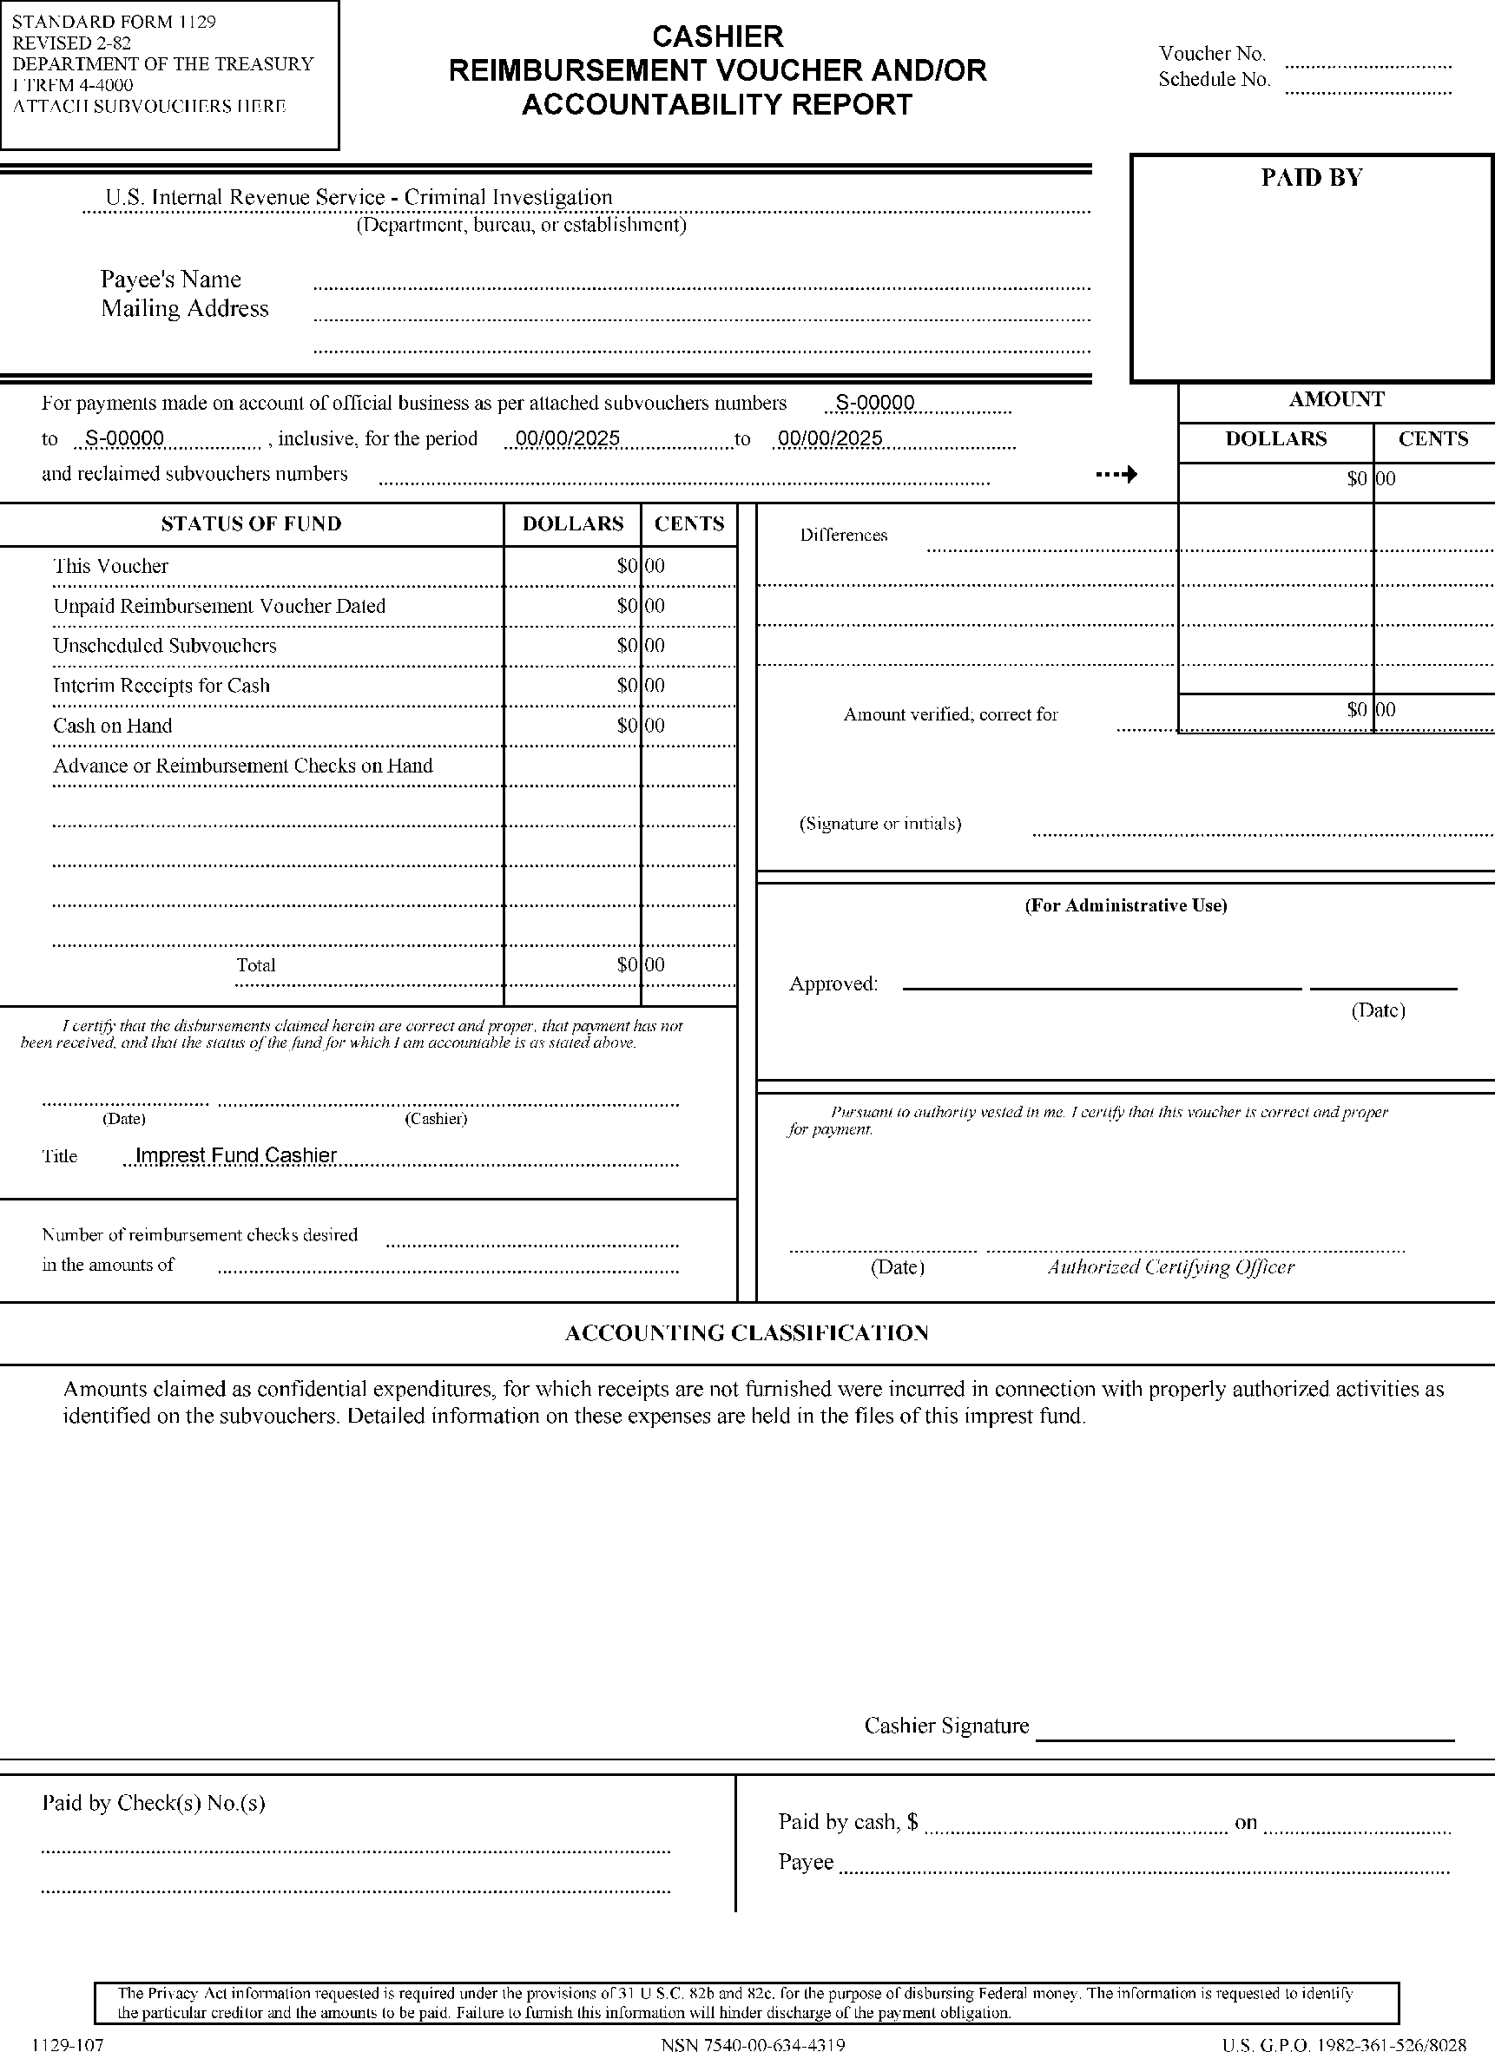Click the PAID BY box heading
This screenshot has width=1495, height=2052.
(x=1311, y=178)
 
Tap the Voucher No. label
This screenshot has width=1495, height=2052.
(x=1212, y=53)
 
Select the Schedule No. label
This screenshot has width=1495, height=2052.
(x=1214, y=80)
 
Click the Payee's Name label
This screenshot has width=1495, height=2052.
(x=170, y=279)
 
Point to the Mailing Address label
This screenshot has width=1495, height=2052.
(x=185, y=308)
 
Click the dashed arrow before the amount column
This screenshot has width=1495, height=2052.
(x=1116, y=474)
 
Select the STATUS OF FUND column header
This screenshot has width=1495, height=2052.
(x=251, y=524)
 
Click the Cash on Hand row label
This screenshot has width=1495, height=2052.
(x=112, y=726)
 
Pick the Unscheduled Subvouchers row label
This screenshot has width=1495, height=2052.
(x=164, y=646)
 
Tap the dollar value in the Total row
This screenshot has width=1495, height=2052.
(x=627, y=965)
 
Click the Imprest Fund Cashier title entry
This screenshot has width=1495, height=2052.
(x=235, y=1155)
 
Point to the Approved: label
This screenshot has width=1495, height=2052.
(x=833, y=984)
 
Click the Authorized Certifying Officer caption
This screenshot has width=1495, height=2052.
(x=1171, y=1266)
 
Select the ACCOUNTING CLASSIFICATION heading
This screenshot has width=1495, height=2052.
(x=747, y=1332)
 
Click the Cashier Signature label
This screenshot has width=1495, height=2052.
(x=946, y=1726)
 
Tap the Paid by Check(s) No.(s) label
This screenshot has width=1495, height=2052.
(x=154, y=1803)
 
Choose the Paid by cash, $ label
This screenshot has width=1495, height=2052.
(x=848, y=1822)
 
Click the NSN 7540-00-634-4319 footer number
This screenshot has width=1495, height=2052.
(x=753, y=2044)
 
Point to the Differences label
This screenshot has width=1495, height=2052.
(x=843, y=536)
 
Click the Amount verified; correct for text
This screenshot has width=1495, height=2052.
(x=950, y=714)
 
